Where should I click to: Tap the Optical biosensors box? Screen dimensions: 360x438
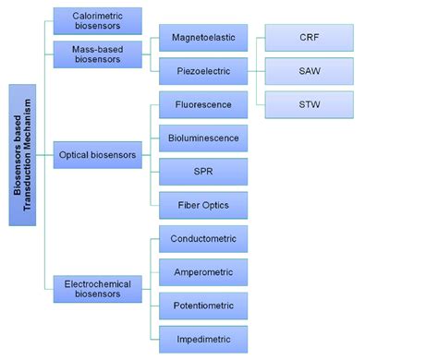pos(98,155)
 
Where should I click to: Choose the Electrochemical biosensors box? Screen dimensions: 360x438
pos(98,289)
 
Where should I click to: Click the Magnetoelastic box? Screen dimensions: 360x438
pos(203,38)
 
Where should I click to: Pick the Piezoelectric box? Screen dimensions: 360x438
pos(203,71)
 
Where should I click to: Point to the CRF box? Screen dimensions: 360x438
pos(309,38)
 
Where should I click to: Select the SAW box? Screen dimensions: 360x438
pos(309,71)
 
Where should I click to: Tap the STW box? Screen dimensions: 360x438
pos(309,104)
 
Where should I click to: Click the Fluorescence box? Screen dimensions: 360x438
pos(203,104)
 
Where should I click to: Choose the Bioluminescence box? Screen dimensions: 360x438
pos(203,138)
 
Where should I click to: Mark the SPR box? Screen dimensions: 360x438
pos(203,172)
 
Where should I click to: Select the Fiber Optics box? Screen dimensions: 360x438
pos(203,205)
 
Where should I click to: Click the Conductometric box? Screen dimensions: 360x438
pos(203,239)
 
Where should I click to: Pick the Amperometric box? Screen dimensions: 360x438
pos(203,272)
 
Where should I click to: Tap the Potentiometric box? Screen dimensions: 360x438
pos(203,306)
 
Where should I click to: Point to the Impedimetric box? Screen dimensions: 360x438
pos(203,339)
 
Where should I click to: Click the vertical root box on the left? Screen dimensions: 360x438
pos(23,154)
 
